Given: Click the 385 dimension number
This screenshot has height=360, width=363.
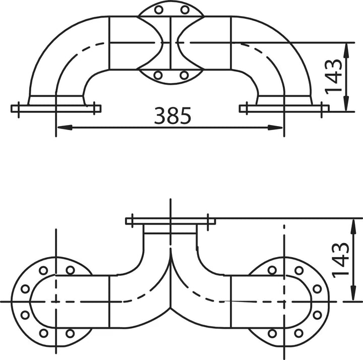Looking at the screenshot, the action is click(x=172, y=115).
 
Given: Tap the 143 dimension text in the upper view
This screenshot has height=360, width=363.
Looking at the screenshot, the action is click(x=333, y=77).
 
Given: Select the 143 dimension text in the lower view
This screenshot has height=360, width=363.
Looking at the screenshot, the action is click(x=340, y=260).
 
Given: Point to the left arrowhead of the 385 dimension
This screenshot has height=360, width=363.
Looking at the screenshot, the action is click(x=65, y=128).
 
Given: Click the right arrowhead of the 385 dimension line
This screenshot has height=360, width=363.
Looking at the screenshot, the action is click(x=275, y=128).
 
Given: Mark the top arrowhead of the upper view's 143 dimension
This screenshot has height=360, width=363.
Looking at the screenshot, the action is click(x=346, y=50).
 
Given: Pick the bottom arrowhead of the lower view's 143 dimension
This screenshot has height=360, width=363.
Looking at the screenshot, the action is click(x=353, y=293).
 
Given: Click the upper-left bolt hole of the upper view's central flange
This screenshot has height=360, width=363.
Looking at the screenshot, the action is click(x=159, y=10).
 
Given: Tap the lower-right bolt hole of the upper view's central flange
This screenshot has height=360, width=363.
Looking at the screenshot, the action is click(x=184, y=75).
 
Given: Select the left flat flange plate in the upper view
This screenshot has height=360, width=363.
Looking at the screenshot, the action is click(x=56, y=108).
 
